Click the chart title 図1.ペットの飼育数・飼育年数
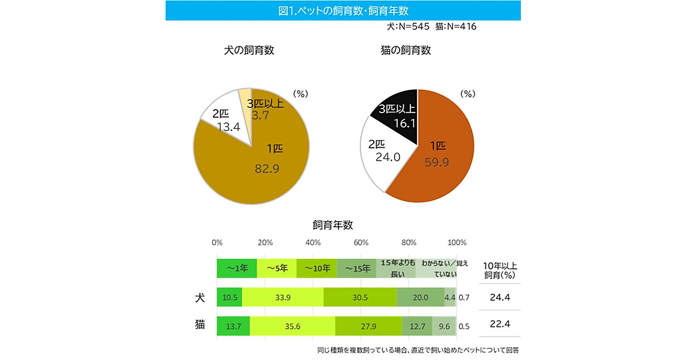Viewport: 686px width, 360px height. (343, 10)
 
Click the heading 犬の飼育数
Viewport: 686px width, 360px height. (249, 50)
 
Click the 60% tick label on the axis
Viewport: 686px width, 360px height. (361, 242)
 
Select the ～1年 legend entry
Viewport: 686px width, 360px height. (237, 268)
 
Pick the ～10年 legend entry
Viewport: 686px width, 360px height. (317, 268)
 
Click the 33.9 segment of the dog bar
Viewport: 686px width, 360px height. (282, 297)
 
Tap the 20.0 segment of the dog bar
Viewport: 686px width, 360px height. (420, 297)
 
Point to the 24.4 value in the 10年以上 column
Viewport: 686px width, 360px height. (500, 297)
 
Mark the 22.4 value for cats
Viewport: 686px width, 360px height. (500, 325)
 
